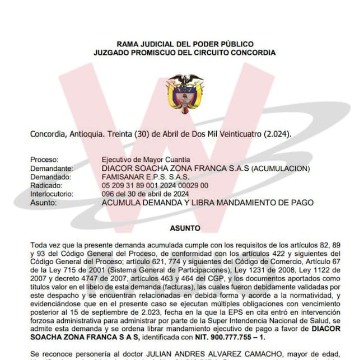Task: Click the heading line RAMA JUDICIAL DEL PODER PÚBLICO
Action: (185, 44)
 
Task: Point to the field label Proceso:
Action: (44, 160)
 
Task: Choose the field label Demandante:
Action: (52, 168)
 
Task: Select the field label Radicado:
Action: (46, 185)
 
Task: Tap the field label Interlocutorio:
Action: (54, 194)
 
